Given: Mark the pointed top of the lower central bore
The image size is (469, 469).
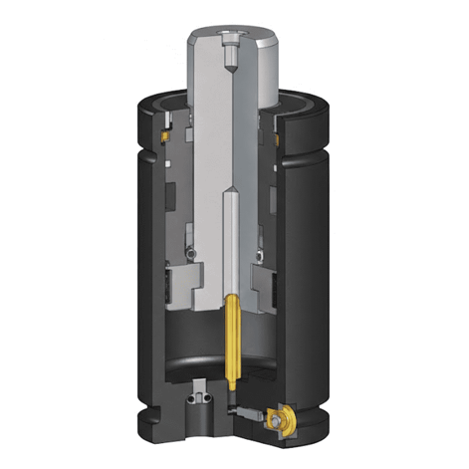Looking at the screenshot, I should pyautogui.click(x=232, y=195).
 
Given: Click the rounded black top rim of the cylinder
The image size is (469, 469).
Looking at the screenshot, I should pyautogui.click(x=169, y=96).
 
